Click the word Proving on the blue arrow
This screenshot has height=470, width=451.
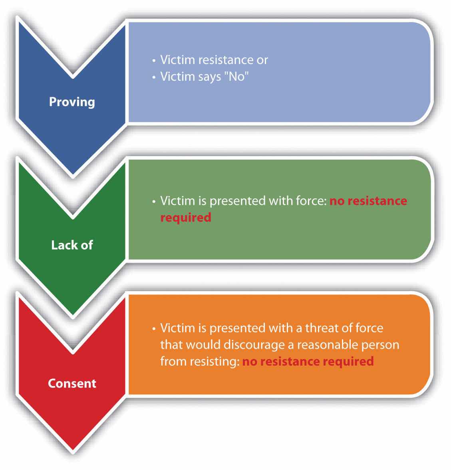point(72,102)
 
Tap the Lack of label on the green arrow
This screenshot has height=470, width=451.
point(72,245)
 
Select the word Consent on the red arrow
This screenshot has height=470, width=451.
point(72,383)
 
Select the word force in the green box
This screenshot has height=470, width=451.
point(309,201)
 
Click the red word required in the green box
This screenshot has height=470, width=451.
point(186,218)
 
